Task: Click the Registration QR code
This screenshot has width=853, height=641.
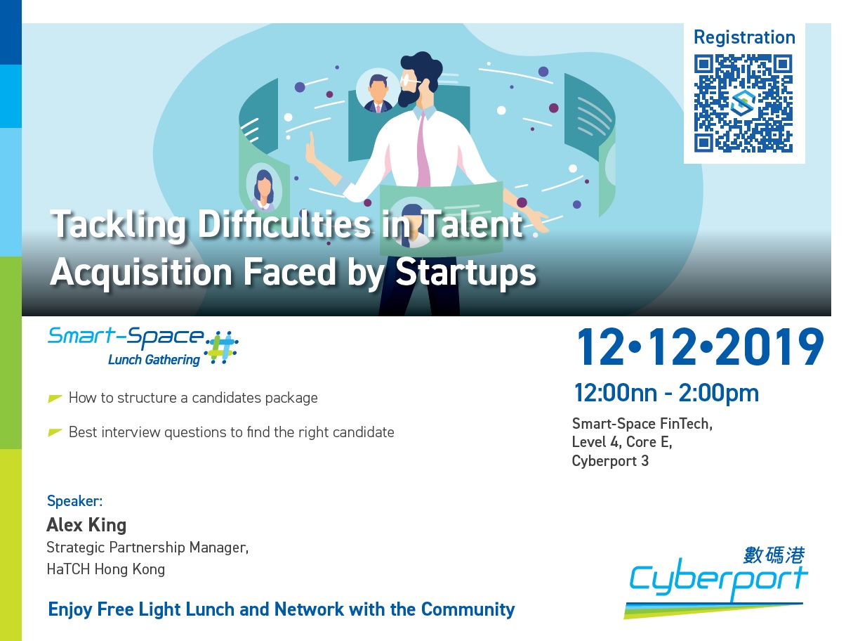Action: (743, 103)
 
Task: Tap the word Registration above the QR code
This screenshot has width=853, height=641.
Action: (744, 38)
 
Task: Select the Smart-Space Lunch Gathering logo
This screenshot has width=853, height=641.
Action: (143, 346)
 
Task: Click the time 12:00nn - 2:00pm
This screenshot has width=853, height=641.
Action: (666, 393)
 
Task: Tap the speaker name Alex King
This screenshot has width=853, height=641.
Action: (86, 525)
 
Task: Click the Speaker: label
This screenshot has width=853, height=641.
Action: (74, 500)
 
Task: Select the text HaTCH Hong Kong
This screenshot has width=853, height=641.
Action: (106, 569)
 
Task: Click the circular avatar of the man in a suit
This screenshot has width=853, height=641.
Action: (377, 91)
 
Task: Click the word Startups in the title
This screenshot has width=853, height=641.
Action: (465, 272)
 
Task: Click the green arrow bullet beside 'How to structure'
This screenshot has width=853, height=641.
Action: (54, 399)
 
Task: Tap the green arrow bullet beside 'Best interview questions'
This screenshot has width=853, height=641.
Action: (54, 432)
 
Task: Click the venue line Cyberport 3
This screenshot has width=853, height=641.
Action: (610, 461)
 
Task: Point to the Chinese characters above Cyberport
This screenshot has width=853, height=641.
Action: (774, 555)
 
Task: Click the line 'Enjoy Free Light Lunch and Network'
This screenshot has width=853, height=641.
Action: (281, 609)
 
